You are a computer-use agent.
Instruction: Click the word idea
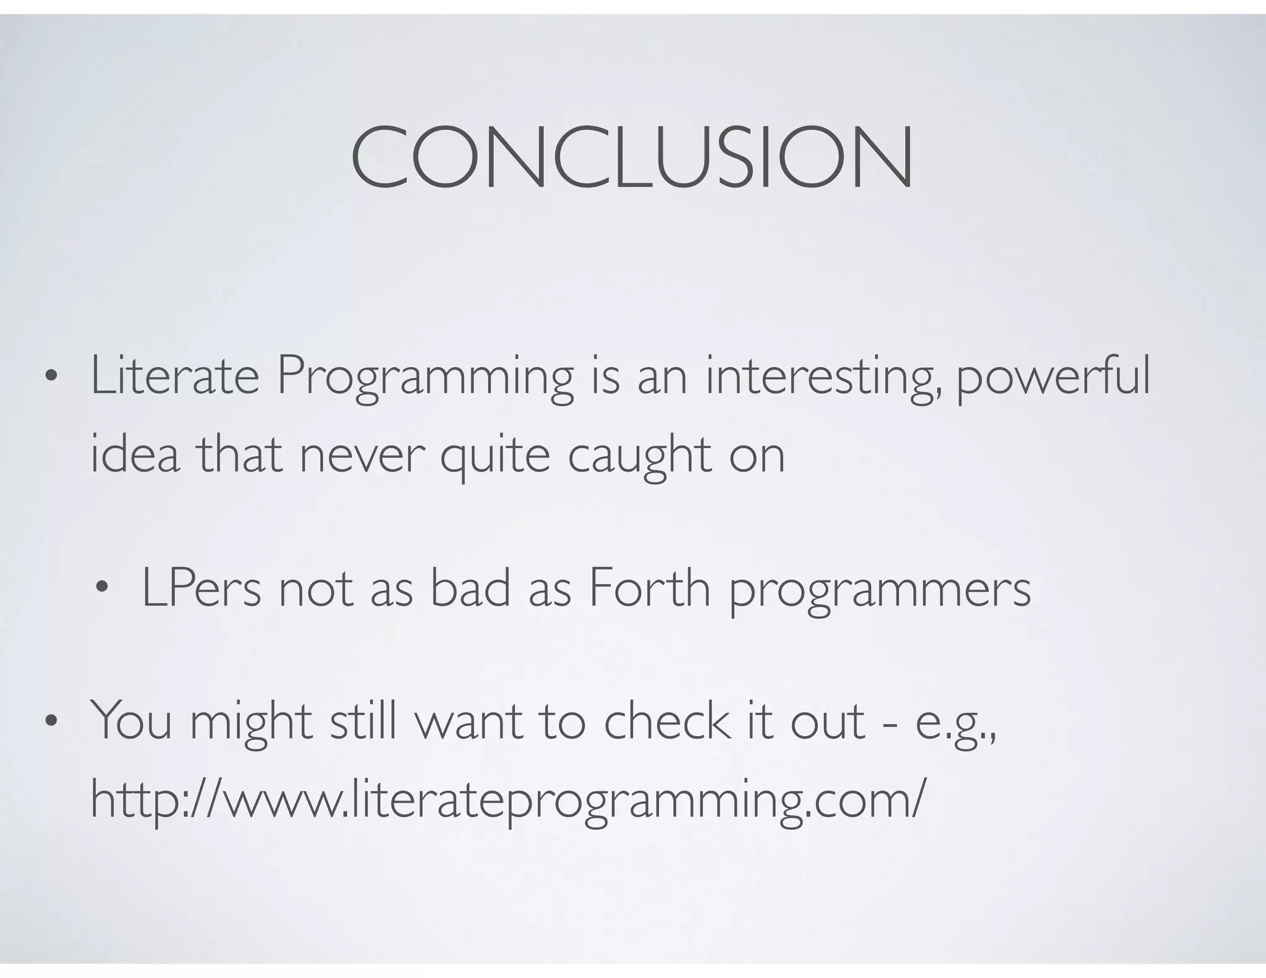point(135,454)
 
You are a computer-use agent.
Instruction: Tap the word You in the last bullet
point(131,721)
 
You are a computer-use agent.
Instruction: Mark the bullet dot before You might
point(51,721)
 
